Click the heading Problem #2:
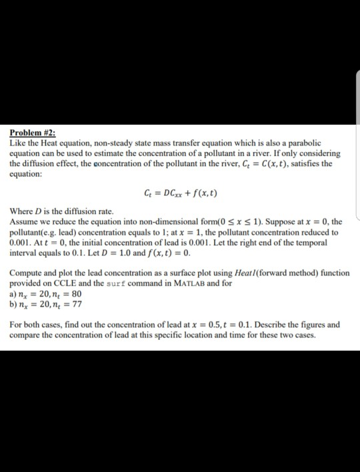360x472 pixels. click(31, 133)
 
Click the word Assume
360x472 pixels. click(25, 221)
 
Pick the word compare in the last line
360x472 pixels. click(27, 335)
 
